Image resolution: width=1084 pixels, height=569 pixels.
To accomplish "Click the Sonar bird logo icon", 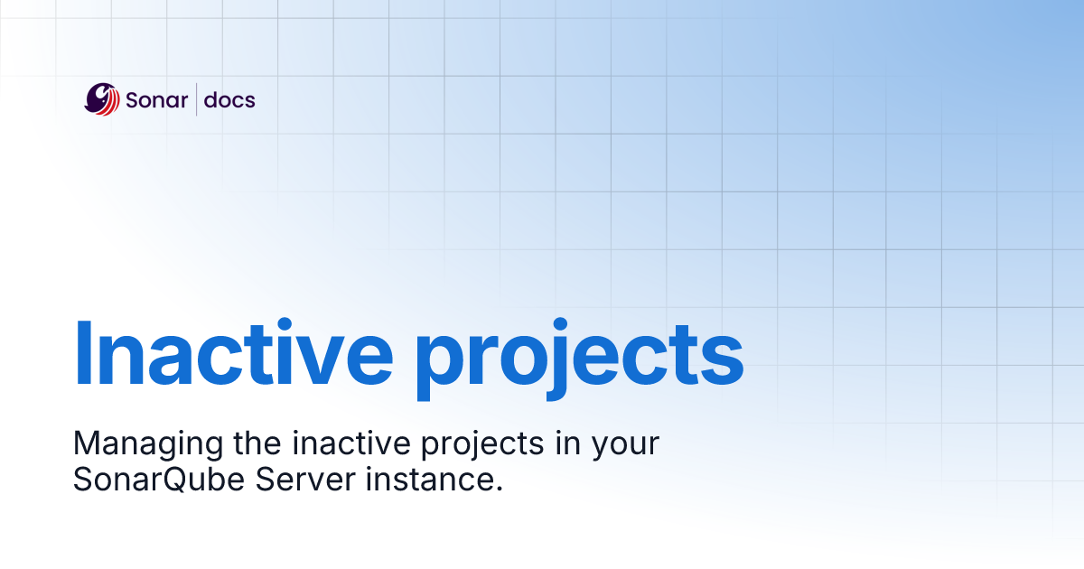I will pyautogui.click(x=102, y=99).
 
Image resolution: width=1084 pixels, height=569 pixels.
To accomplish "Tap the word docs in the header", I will pyautogui.click(x=229, y=99).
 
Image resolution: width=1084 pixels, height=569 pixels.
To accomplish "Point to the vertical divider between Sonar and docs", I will pyautogui.click(x=197, y=99).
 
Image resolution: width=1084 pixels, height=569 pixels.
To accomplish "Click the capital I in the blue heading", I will pyautogui.click(x=83, y=352).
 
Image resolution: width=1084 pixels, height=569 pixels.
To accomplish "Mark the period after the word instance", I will pyautogui.click(x=499, y=489).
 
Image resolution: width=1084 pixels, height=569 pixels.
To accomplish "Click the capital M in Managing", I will pyautogui.click(x=86, y=443).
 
